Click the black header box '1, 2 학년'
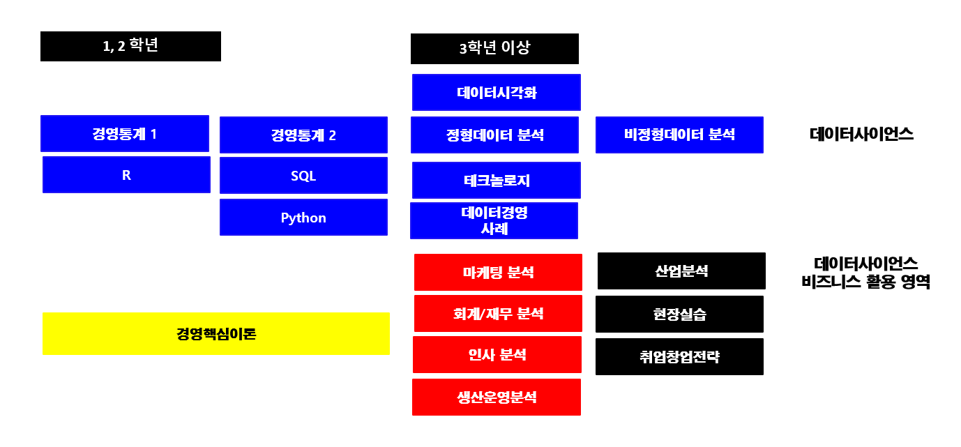(131, 46)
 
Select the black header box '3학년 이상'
(494, 49)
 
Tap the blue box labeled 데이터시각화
(497, 93)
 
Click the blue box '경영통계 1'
(125, 134)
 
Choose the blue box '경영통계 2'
(304, 135)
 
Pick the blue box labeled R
(126, 175)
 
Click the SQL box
(304, 176)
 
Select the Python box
(304, 218)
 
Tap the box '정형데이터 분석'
(494, 135)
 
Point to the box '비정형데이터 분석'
(679, 135)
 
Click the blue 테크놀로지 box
(497, 181)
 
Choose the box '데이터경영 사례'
(494, 221)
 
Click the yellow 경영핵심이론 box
(216, 334)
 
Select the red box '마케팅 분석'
(498, 273)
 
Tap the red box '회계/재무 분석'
(498, 314)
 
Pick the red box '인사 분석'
(497, 355)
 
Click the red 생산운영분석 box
(497, 397)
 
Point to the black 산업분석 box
(682, 271)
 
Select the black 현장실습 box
(679, 315)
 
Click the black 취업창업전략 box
(679, 357)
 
